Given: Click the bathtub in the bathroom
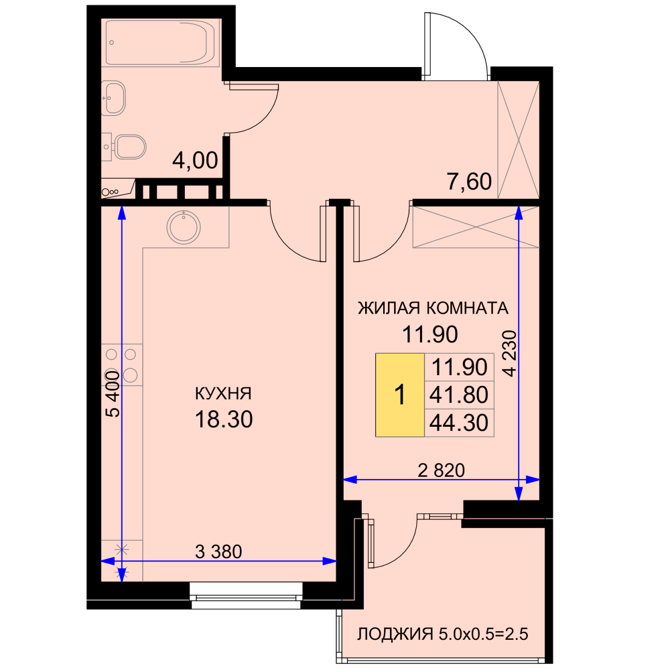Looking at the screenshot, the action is point(160,43).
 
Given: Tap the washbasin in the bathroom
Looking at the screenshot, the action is point(113,98).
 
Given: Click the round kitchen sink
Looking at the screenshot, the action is point(184,227).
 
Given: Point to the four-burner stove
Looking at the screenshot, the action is point(121,365).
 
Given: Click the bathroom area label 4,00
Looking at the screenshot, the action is point(195,161).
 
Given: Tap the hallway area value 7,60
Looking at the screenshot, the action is point(469,182).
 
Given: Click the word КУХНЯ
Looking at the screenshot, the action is point(224,393).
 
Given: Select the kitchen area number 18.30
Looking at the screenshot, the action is point(224,419).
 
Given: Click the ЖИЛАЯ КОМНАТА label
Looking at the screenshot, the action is point(433,308).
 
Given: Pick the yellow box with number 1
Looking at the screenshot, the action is point(400,395).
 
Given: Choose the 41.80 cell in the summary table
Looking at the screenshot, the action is point(459,395).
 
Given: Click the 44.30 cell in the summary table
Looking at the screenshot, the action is point(459,423).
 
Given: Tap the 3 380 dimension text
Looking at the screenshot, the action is point(218,551).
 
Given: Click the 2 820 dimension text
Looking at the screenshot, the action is point(441,470).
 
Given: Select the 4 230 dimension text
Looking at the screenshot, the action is point(510,353).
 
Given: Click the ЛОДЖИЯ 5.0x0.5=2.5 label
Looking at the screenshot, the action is point(443,634).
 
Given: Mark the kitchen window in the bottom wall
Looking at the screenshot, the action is point(246,595).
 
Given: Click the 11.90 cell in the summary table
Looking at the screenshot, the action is point(459,367).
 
